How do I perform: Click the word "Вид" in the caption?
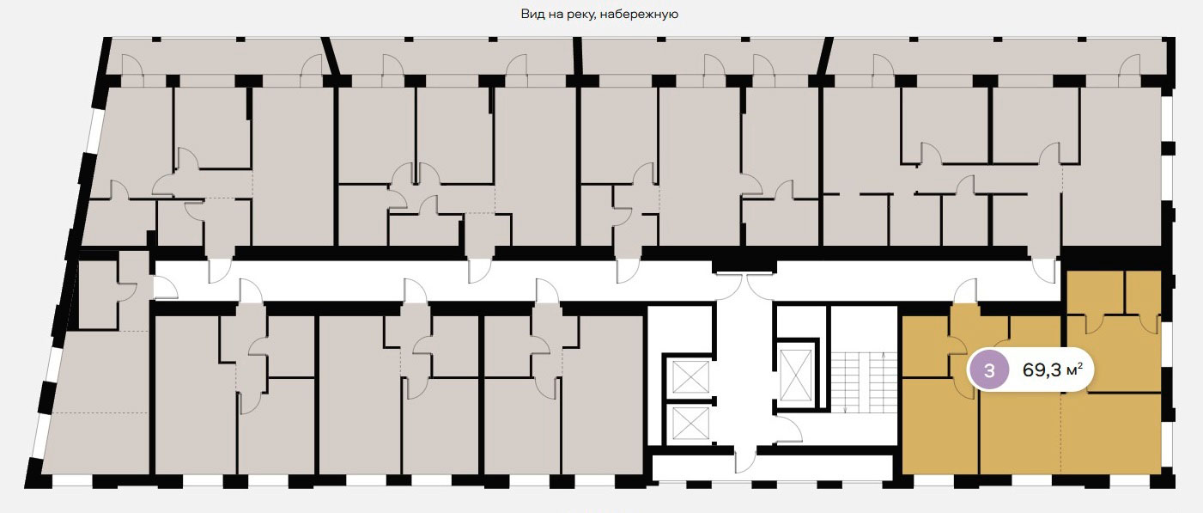[532, 14]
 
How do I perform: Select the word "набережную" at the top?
[639, 15]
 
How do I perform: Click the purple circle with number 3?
[988, 370]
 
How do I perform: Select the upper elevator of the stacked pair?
[690, 377]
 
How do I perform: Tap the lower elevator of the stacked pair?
[690, 424]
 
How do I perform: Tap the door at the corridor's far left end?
[165, 287]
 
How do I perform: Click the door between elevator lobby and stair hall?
[788, 429]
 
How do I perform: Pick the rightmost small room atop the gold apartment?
[1143, 293]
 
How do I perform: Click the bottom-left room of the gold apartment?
[940, 426]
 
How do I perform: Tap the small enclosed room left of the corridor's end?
[98, 295]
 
